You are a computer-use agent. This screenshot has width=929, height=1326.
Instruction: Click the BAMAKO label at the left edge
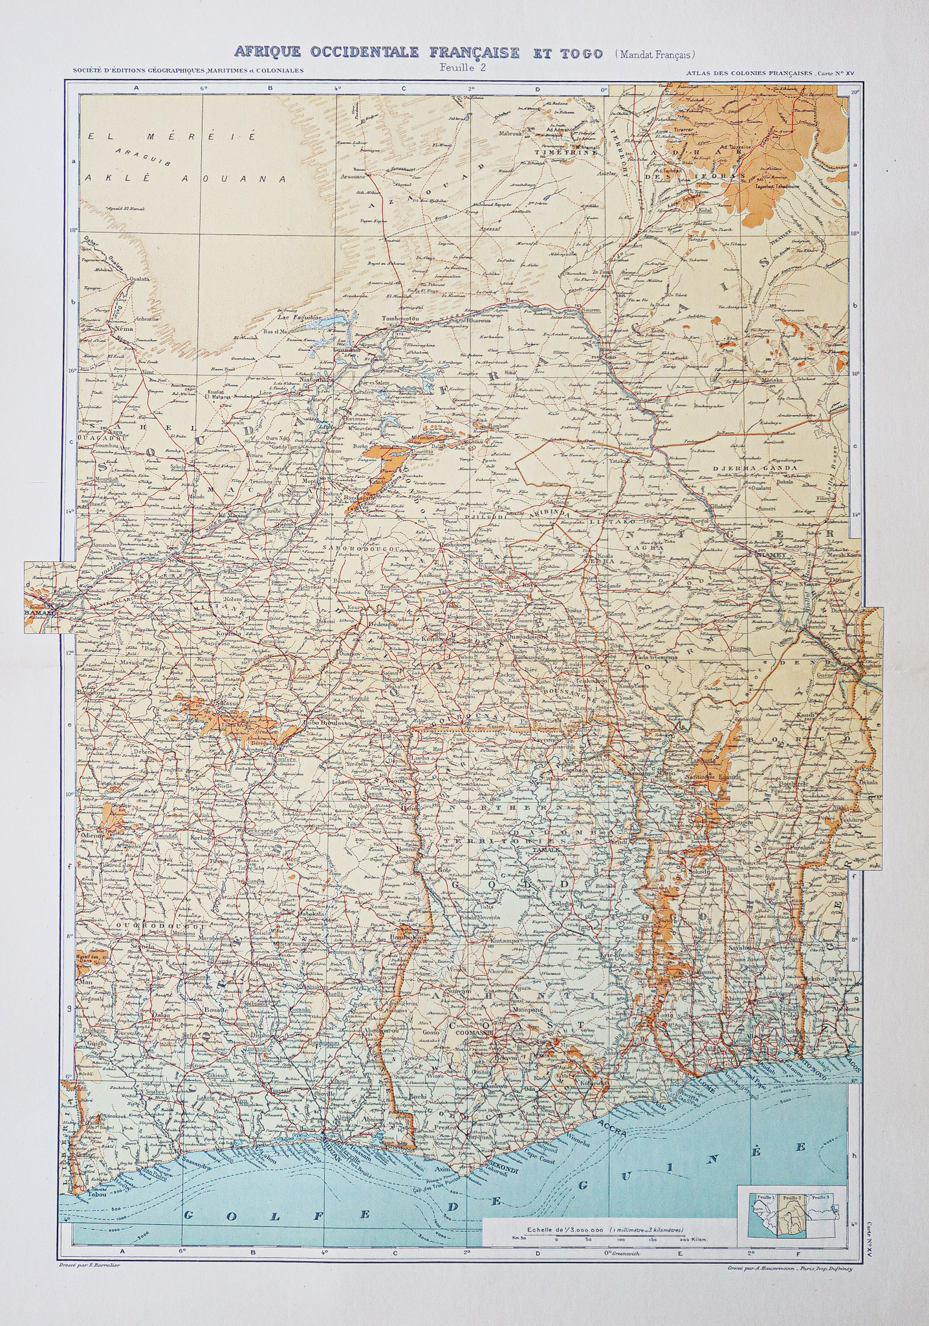click(x=39, y=611)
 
